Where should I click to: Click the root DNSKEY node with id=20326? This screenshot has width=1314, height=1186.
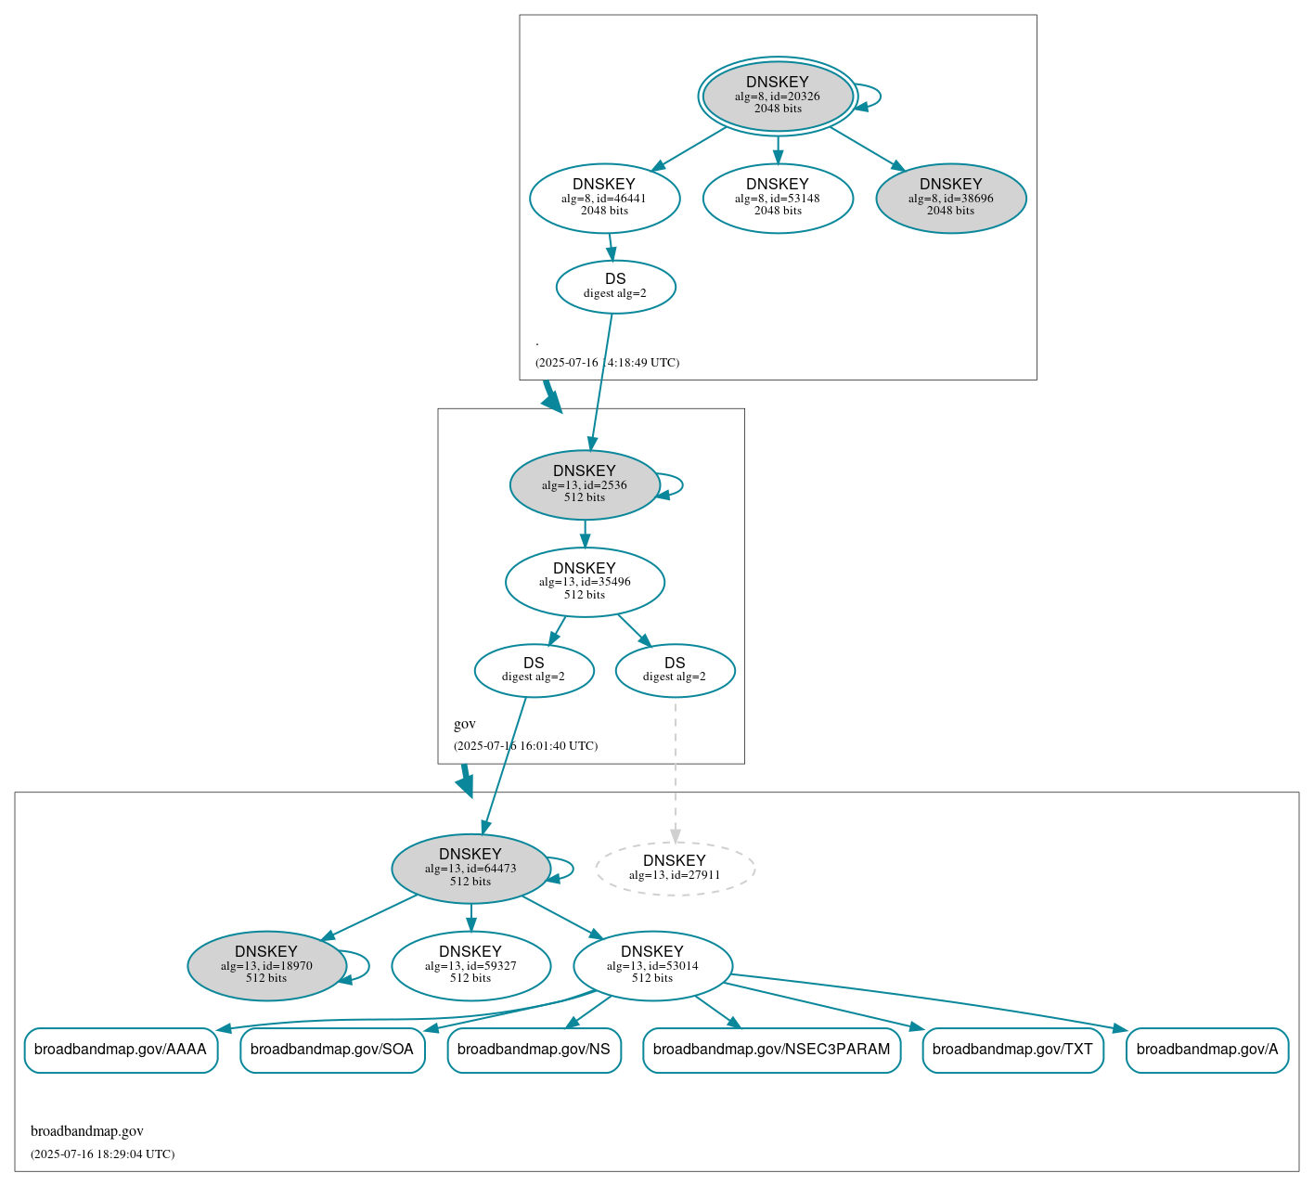pyautogui.click(x=778, y=96)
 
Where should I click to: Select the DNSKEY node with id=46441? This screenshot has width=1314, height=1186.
pyautogui.click(x=604, y=198)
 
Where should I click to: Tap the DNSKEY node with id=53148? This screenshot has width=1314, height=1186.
pyautogui.click(x=778, y=198)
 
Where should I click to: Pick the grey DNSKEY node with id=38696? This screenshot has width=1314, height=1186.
pyautogui.click(x=950, y=198)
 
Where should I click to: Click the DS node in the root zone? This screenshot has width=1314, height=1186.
pyautogui.click(x=615, y=287)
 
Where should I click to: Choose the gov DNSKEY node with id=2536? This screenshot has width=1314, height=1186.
pyautogui.click(x=585, y=484)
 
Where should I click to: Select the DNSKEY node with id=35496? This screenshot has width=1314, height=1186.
pyautogui.click(x=585, y=582)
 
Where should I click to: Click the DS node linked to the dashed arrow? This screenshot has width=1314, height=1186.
pyautogui.click(x=675, y=670)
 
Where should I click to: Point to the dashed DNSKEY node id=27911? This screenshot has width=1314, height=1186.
pyautogui.click(x=675, y=869)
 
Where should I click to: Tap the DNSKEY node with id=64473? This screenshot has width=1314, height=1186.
pyautogui.click(x=470, y=869)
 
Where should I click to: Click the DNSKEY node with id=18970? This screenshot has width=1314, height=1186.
pyautogui.click(x=266, y=966)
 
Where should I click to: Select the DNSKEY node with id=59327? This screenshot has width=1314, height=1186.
pyautogui.click(x=470, y=966)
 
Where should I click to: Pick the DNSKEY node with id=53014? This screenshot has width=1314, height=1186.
pyautogui.click(x=652, y=966)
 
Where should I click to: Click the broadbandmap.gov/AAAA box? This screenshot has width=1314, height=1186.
pyautogui.click(x=121, y=1050)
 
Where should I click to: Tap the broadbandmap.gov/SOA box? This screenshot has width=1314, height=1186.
pyautogui.click(x=332, y=1050)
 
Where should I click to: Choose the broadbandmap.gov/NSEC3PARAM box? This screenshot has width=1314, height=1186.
pyautogui.click(x=771, y=1050)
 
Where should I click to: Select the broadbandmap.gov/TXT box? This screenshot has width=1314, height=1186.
pyautogui.click(x=1012, y=1050)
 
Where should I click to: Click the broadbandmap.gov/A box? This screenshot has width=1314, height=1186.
pyautogui.click(x=1206, y=1050)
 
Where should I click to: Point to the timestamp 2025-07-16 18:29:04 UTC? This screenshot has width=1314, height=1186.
pyautogui.click(x=102, y=1154)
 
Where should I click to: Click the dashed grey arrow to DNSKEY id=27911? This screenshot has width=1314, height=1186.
pyautogui.click(x=675, y=770)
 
